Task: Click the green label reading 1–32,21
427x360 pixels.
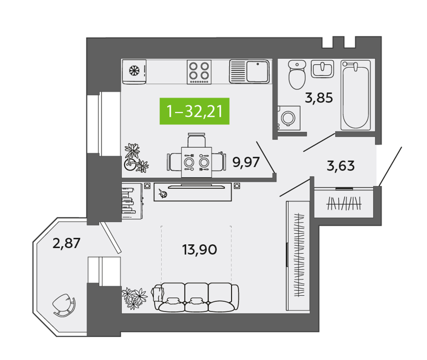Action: (194, 111)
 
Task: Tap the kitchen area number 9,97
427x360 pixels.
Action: (246, 162)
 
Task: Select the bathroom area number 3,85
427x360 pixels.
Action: (319, 98)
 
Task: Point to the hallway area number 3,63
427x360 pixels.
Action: (341, 166)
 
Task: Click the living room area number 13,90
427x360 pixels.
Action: (199, 249)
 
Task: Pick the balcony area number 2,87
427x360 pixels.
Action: (66, 243)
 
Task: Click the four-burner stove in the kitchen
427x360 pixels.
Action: (199, 72)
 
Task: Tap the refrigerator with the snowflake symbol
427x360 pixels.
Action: (134, 71)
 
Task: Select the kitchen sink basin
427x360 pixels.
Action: (258, 71)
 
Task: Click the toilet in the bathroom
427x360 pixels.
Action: (297, 74)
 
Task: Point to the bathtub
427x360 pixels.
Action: (356, 95)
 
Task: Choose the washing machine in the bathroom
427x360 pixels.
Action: (289, 119)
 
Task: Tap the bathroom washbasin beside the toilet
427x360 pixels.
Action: (322, 69)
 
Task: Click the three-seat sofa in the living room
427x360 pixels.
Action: (196, 297)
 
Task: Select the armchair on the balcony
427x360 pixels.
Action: (64, 305)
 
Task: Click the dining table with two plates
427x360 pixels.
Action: (197, 162)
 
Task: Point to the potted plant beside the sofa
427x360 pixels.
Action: (135, 299)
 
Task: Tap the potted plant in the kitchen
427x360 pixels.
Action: (136, 158)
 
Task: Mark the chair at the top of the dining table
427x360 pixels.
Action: (197, 140)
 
